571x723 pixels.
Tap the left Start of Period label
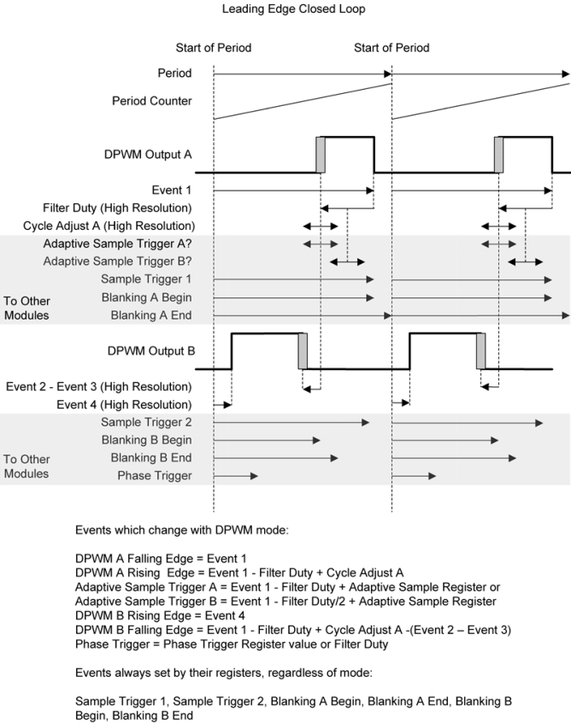(213, 48)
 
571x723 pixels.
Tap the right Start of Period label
(391, 48)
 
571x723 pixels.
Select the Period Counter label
(152, 101)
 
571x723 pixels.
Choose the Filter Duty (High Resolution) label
(117, 208)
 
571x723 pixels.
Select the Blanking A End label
(151, 315)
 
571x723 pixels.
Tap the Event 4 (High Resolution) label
(124, 404)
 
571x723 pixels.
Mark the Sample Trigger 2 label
(146, 422)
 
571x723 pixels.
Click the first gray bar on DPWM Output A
(320, 154)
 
